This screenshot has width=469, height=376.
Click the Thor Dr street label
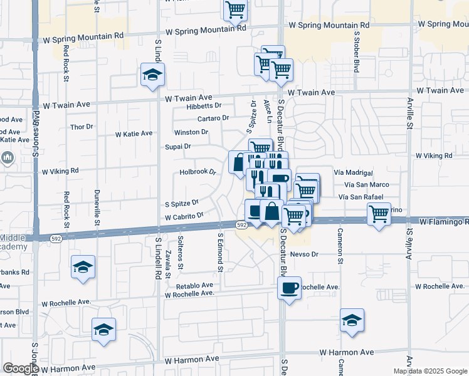pyautogui.click(x=82, y=127)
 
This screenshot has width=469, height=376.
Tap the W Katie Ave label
pyautogui.click(x=134, y=133)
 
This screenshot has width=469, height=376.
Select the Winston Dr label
pyautogui.click(x=191, y=132)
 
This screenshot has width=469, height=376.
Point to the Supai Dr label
pyautogui.click(x=177, y=147)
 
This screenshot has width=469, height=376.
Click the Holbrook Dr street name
pyautogui.click(x=198, y=171)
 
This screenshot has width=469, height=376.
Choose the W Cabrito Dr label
pyautogui.click(x=184, y=216)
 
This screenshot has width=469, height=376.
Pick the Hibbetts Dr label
pyautogui.click(x=204, y=106)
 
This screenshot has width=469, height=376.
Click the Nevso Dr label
pyautogui.click(x=304, y=254)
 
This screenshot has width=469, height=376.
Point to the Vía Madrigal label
pyautogui.click(x=354, y=173)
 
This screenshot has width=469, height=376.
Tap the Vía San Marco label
pyautogui.click(x=367, y=185)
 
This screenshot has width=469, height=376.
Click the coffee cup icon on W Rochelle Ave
pyautogui.click(x=289, y=288)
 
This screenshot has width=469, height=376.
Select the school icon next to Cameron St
pyautogui.click(x=352, y=320)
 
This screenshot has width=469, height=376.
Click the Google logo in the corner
pyautogui.click(x=20, y=369)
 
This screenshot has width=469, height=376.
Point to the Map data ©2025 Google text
pyautogui.click(x=429, y=371)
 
